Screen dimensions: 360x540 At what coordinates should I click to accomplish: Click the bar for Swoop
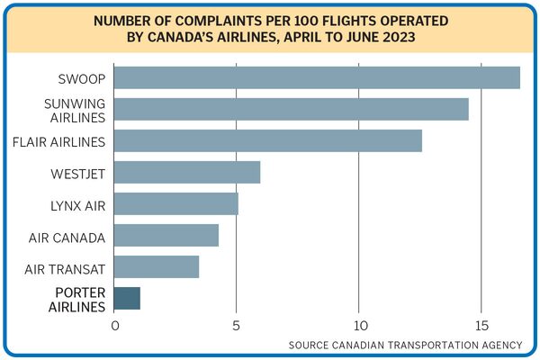317,77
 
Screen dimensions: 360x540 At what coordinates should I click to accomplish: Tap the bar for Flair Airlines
268,140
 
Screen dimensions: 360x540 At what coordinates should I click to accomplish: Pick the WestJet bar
187,172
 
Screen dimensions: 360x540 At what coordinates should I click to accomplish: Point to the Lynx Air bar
176,203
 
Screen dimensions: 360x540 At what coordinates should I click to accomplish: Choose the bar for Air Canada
166,235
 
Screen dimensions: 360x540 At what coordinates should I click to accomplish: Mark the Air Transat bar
157,266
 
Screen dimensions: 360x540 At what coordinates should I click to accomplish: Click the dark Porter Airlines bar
127,298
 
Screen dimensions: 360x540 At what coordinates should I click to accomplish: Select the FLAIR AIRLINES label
61,141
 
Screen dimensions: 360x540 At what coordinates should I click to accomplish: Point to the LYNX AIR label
78,205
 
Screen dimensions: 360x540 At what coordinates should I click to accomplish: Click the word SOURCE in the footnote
310,345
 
